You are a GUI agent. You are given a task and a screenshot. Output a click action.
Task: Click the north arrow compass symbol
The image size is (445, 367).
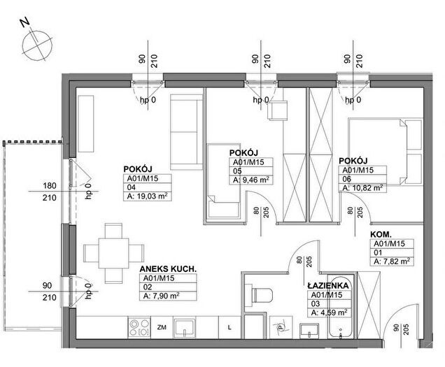(37, 45)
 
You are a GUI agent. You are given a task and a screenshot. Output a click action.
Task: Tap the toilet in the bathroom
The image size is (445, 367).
(262, 294)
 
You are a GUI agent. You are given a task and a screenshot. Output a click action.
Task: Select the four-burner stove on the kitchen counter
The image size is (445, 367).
(139, 328)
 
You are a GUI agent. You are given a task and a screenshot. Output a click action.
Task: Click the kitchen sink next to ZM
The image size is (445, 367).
(185, 328)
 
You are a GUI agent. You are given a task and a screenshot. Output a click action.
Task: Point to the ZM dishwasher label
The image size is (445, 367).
(162, 327)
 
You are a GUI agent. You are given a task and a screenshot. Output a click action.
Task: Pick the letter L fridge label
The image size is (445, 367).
(229, 328)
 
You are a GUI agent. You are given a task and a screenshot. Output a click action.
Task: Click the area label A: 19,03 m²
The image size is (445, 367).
(148, 196)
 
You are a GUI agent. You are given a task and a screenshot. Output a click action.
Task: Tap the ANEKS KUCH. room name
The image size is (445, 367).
(168, 269)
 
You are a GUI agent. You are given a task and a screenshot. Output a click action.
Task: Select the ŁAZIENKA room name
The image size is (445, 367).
(328, 285)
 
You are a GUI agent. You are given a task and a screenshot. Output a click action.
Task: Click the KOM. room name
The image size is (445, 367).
(381, 235)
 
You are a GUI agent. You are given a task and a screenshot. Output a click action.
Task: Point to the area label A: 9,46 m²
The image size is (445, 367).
(251, 180)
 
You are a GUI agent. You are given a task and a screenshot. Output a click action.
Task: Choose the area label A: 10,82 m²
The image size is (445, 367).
(362, 188)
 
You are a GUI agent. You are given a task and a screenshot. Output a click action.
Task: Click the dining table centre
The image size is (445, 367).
(113, 253)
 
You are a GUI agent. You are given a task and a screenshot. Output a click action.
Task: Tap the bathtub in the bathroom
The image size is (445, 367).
(341, 307)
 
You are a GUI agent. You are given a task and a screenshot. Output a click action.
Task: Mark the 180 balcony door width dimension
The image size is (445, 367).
(50, 186)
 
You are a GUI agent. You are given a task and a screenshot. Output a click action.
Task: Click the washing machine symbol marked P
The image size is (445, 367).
(281, 327)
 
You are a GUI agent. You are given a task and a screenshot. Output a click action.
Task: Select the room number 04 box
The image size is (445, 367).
(148, 187)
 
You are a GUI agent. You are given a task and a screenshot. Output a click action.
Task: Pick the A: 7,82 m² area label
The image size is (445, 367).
(392, 261)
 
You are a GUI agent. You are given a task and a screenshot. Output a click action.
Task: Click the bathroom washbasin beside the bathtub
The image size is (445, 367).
(309, 331)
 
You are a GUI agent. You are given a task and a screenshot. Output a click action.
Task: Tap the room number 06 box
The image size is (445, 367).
(362, 179)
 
